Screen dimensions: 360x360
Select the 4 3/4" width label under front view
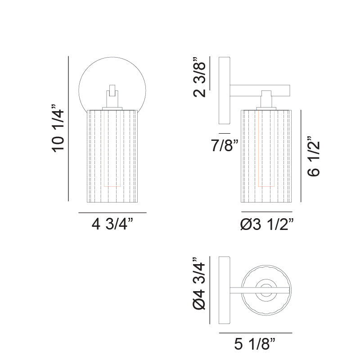[x=112, y=224]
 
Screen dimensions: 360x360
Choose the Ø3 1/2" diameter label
[x=267, y=223]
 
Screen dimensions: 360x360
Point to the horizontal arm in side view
[x=261, y=86]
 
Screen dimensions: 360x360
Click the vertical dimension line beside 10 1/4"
[x=68, y=128]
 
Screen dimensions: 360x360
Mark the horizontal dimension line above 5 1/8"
[x=255, y=333]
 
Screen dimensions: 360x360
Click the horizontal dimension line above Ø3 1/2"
[x=267, y=211]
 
